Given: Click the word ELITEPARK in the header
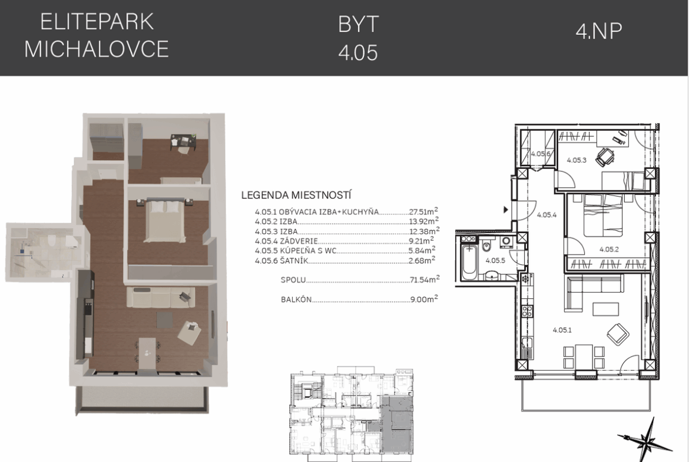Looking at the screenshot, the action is (x=97, y=22).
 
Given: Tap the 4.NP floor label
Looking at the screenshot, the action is (x=599, y=31).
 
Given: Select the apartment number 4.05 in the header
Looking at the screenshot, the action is (x=357, y=53).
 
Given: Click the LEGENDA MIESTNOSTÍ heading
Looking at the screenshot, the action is (x=297, y=195).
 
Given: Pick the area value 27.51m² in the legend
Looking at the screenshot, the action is (x=423, y=211).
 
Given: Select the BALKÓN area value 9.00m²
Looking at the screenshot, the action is (x=424, y=300).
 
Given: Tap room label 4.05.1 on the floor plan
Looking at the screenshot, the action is (x=562, y=330).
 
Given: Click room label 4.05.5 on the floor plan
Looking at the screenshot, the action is (x=495, y=260).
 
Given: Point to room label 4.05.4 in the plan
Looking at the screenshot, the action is (x=546, y=215).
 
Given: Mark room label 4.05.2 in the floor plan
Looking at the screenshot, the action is (x=609, y=249).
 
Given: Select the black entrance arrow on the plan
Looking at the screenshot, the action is (x=506, y=210).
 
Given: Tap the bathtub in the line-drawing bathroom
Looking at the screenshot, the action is (x=469, y=262).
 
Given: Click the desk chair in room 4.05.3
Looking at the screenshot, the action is (x=605, y=157).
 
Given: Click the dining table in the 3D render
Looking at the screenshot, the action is (x=147, y=353).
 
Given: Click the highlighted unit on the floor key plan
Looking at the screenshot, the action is (x=397, y=424).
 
